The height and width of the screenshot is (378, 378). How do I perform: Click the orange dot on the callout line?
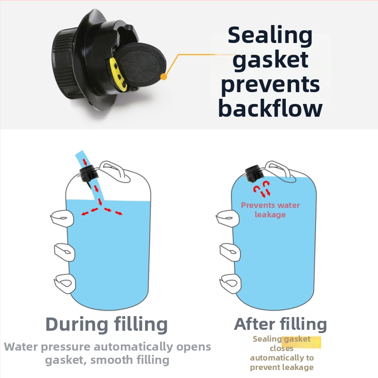(x=163, y=77)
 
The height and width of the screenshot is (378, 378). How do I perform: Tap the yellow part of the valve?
(x=118, y=75)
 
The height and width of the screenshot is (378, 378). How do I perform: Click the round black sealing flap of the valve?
(x=140, y=65)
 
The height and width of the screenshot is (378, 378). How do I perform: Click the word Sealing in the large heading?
(x=270, y=36)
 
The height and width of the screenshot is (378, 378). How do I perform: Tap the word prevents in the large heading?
(x=270, y=85)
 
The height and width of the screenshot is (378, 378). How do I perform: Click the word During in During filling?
(x=77, y=324)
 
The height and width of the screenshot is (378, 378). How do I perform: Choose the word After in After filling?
(x=255, y=324)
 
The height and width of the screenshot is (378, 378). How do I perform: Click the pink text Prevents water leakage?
(x=270, y=210)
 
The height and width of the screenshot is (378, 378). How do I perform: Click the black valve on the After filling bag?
(x=253, y=173)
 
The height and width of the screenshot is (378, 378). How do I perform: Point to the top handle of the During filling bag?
(x=115, y=171)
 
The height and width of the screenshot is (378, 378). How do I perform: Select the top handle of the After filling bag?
(x=280, y=171)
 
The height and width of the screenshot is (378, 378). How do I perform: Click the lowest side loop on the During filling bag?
(x=64, y=283)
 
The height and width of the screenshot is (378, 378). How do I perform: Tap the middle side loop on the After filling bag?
(x=230, y=252)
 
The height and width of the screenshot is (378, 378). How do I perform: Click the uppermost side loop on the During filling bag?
(x=62, y=218)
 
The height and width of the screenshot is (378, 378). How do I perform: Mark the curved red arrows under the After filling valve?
(x=262, y=189)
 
